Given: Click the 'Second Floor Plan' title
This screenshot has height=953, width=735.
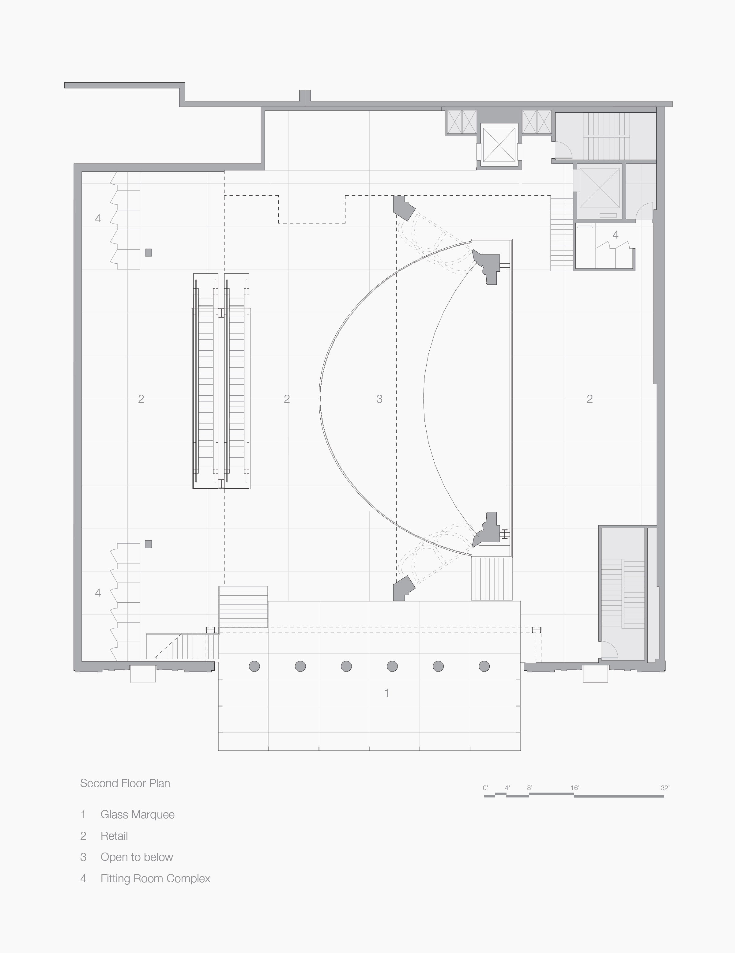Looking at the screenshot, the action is [125, 783].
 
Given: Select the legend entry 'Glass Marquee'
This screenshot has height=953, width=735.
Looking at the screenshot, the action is [138, 815].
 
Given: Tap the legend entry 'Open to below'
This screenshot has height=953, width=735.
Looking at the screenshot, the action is [137, 857].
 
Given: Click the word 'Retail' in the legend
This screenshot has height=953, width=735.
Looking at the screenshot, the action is [114, 836].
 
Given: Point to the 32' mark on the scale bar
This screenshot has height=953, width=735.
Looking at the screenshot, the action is [665, 788].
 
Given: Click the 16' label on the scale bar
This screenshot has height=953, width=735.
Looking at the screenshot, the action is [575, 788].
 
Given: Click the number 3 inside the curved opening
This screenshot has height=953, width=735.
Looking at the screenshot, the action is [379, 398].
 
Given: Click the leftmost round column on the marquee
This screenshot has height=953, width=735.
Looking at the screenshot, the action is [254, 666].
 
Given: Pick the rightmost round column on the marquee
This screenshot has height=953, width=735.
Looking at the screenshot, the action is [484, 666].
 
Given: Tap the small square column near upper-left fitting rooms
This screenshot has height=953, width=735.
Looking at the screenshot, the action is [149, 252].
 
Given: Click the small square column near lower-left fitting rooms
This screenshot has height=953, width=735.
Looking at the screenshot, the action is [149, 544].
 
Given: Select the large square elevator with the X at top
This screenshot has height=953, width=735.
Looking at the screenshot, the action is [499, 145].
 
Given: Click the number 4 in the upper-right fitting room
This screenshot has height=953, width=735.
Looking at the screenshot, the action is [616, 235].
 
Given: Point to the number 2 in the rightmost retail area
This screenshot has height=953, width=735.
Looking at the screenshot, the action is [590, 398].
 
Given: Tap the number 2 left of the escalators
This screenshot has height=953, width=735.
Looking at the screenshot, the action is [141, 398].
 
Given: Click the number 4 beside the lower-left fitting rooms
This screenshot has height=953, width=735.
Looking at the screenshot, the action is [98, 593].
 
